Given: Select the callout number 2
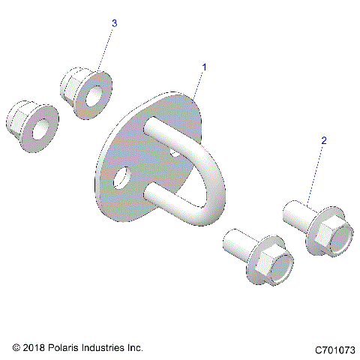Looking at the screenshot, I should [323, 140].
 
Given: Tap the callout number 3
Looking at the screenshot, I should [114, 24].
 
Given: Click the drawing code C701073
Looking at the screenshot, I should [334, 349].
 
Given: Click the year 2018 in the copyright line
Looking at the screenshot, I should [34, 348].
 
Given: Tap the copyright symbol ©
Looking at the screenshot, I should [16, 348].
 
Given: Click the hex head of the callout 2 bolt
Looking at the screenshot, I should [328, 238].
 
